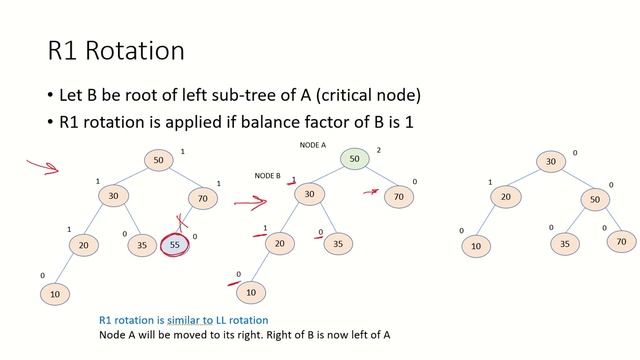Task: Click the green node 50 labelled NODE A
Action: point(354,159)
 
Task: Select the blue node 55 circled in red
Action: point(176,243)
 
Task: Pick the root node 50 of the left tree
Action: point(158,159)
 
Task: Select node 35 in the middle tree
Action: point(337,243)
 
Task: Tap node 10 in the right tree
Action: point(476,246)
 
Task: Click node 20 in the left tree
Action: point(84,243)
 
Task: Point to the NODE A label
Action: point(315,145)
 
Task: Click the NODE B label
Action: point(267,176)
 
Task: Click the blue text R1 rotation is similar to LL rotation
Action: point(183,320)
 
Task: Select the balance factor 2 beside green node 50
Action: point(379,151)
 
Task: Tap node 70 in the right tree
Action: point(620,241)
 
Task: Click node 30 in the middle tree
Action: point(310,195)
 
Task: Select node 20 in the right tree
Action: point(506,197)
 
